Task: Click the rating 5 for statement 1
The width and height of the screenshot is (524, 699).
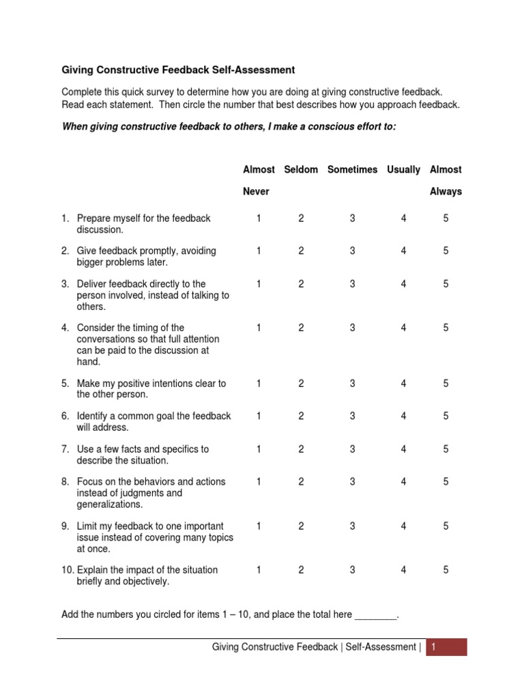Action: click(446, 218)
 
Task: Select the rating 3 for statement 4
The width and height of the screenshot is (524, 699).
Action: click(353, 328)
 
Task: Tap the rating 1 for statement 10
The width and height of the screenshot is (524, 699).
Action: click(259, 571)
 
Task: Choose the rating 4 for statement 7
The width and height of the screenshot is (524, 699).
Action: click(403, 449)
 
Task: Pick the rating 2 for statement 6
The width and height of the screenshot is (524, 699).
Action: click(301, 416)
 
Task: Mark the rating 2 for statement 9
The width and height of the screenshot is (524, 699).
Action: click(301, 526)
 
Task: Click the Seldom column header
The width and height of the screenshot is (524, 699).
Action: click(301, 169)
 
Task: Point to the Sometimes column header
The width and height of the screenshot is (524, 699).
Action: click(352, 169)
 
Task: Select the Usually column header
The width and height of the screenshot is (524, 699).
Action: click(403, 169)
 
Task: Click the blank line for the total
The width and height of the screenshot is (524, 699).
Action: click(375, 615)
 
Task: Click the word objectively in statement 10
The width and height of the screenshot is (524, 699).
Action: click(146, 582)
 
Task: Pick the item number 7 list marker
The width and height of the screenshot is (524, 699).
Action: click(65, 449)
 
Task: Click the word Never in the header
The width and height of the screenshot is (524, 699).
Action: click(256, 192)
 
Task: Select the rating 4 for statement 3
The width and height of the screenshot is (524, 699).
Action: click(403, 284)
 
